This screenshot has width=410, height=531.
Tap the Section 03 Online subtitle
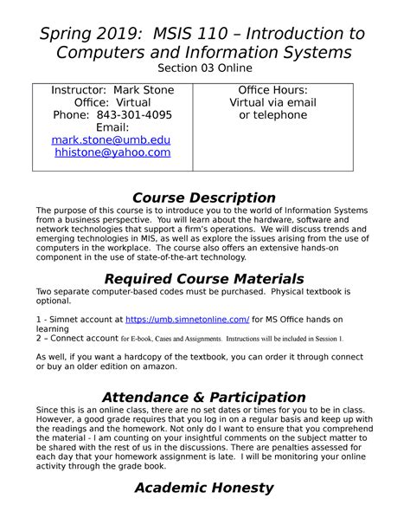[x=205, y=69]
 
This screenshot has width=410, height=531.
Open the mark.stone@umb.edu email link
[x=112, y=139]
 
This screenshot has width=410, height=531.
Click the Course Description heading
[x=205, y=198]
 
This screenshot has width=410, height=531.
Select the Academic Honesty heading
[x=205, y=487]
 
